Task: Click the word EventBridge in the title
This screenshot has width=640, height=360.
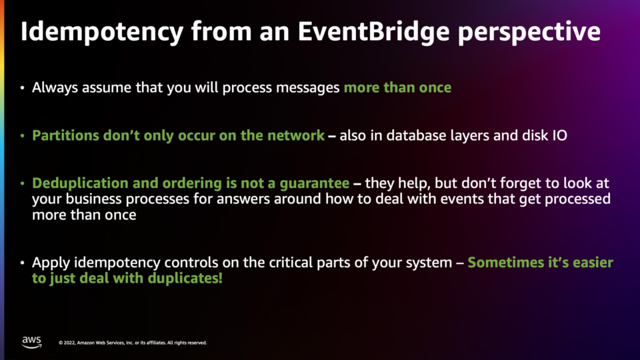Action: (x=373, y=32)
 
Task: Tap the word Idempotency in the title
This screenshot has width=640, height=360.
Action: (x=102, y=32)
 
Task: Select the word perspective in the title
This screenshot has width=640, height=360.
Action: (x=529, y=32)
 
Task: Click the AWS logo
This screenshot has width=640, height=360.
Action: (x=32, y=342)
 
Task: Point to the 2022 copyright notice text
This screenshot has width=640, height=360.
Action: (x=133, y=343)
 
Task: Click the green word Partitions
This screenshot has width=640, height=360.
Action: (x=65, y=135)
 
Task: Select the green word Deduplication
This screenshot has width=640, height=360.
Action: (x=80, y=183)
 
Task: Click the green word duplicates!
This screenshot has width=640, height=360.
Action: (x=185, y=279)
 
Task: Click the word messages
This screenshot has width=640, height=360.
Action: (x=308, y=88)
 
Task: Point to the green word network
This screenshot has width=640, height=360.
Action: (x=295, y=135)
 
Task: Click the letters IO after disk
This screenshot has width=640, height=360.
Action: (x=559, y=135)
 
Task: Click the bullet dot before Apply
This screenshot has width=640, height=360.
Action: (x=23, y=263)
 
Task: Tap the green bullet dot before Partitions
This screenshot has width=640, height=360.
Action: (x=23, y=135)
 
